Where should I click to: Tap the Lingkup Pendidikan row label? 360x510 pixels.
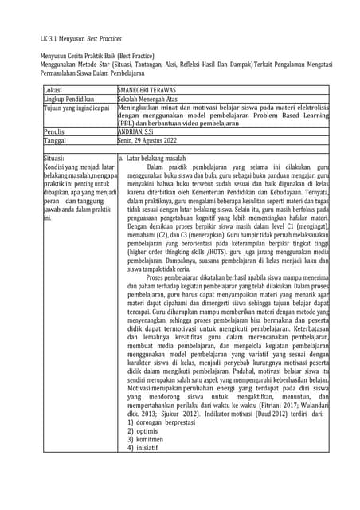pos(71,100)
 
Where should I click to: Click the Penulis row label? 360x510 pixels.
pos(55,131)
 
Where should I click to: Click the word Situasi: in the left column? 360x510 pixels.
pos(57,158)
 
